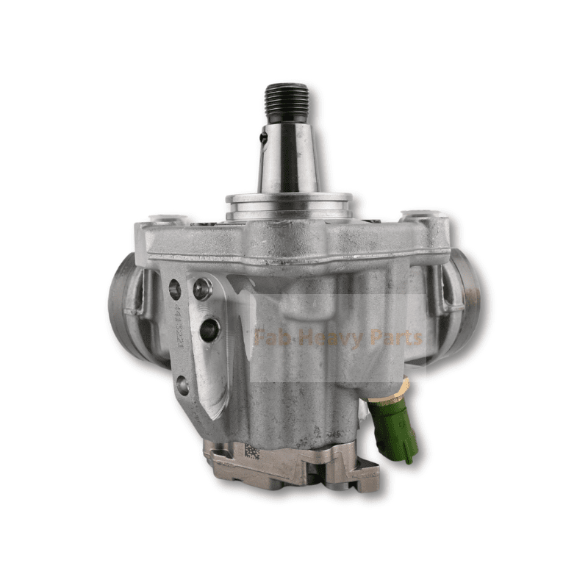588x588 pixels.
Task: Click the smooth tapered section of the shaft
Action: (x=287, y=158)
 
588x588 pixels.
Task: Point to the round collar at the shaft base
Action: (x=288, y=203)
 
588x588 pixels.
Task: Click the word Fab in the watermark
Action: (x=268, y=339)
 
